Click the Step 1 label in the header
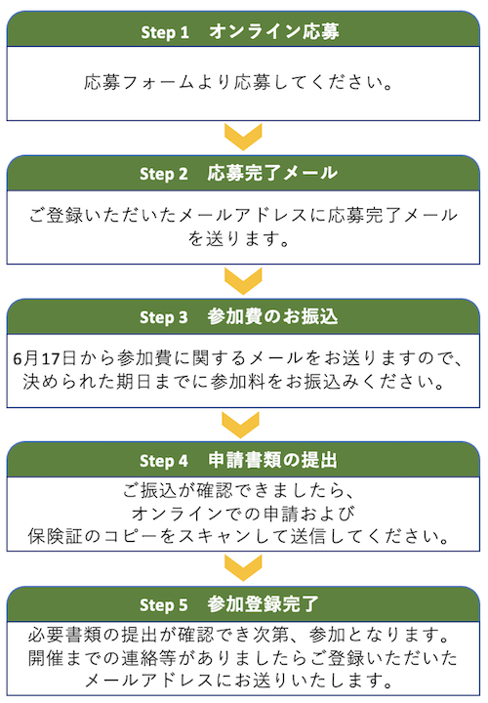(x=165, y=32)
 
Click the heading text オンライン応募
(x=274, y=31)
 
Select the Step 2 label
(x=164, y=174)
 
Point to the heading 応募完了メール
(x=272, y=173)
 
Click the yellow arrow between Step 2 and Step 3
(x=243, y=281)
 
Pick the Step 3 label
(x=164, y=317)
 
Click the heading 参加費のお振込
(x=272, y=316)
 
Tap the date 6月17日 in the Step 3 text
(x=44, y=358)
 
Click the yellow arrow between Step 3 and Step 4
(x=241, y=425)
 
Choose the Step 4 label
(x=164, y=461)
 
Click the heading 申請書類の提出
(x=272, y=460)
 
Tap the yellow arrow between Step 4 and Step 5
(x=243, y=568)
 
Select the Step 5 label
(x=164, y=605)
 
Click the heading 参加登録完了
(x=264, y=604)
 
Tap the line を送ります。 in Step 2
(x=239, y=238)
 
